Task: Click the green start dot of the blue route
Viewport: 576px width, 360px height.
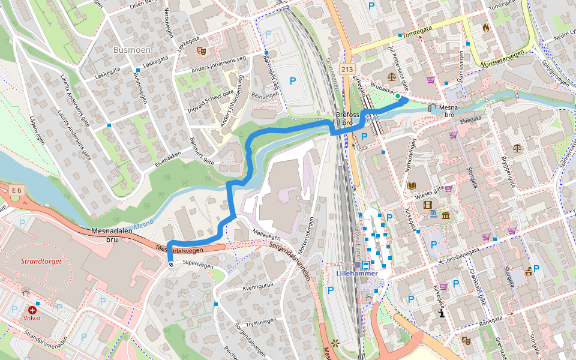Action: coord(397,95)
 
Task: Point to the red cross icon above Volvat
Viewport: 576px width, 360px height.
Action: coord(32,310)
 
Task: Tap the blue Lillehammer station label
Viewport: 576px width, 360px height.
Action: coord(357,274)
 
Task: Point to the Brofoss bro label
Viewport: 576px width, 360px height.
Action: coord(347,119)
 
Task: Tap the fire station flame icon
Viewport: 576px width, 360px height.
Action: coord(485,28)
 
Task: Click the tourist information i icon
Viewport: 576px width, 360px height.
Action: coord(442,313)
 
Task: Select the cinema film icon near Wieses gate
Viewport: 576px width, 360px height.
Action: coord(427,205)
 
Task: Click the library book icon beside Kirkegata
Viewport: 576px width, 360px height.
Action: coord(412,185)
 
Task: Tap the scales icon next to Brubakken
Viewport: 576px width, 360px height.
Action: coord(392,77)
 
